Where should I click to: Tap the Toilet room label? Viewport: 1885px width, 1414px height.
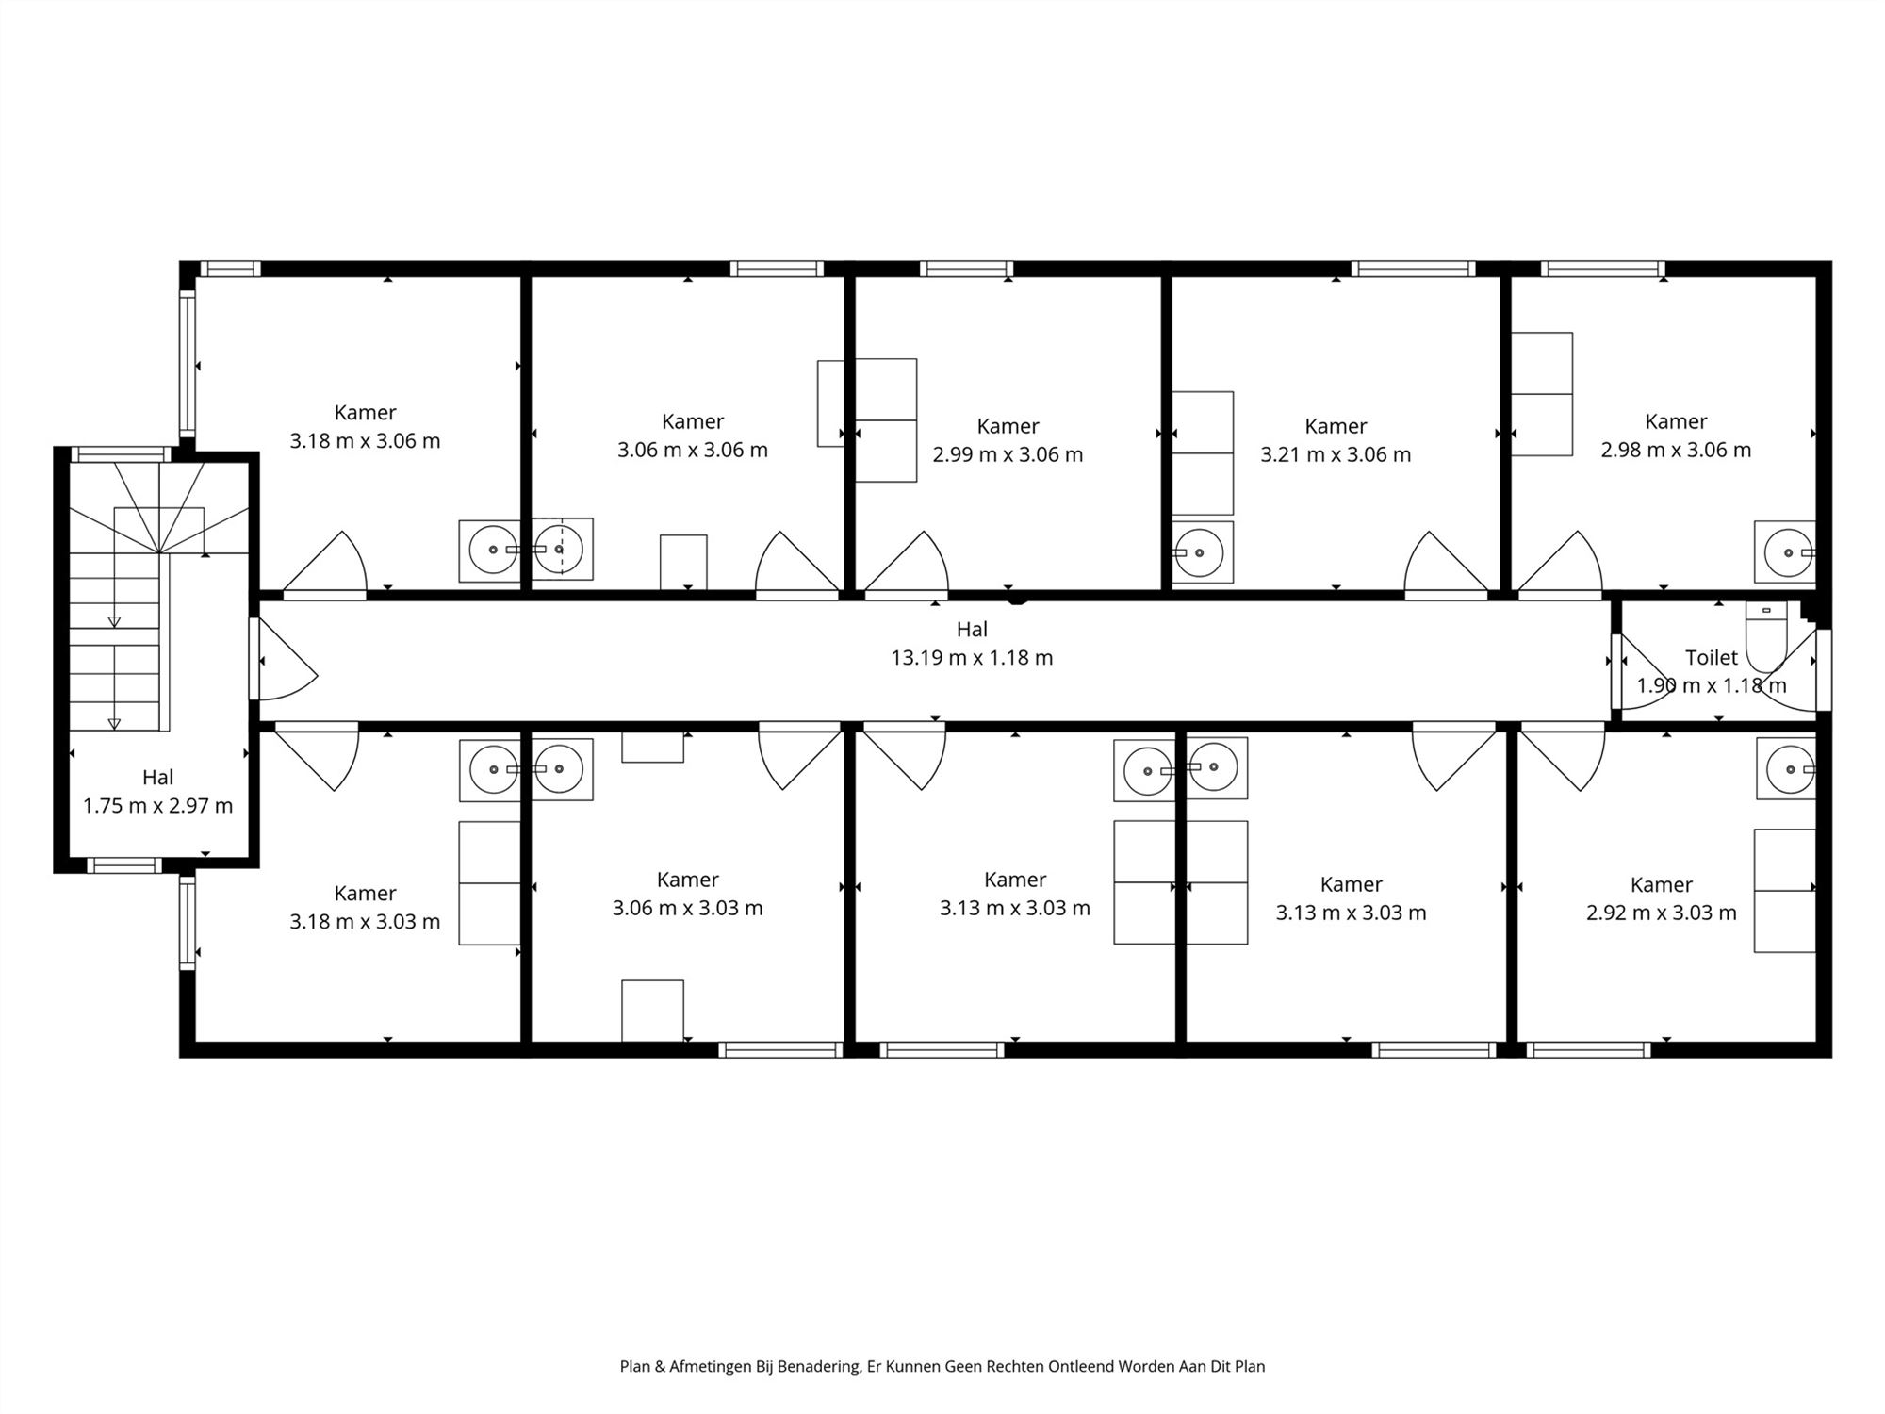1712,657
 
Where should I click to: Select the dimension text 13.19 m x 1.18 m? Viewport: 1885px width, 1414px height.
972,658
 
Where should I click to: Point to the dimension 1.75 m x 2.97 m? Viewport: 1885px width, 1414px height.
157,806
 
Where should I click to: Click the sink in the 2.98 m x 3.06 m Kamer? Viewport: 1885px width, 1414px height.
1785,551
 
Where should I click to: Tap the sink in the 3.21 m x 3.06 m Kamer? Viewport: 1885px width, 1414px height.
1203,551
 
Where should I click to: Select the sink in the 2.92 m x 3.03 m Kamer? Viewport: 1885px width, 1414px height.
1786,768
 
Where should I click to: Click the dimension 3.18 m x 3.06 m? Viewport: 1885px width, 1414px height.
365,441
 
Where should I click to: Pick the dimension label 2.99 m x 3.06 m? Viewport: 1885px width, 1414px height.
1008,455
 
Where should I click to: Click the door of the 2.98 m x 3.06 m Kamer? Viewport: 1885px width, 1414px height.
1560,564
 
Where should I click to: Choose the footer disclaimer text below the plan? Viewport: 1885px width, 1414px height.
942,1366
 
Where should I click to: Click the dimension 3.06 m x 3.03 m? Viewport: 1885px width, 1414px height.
687,908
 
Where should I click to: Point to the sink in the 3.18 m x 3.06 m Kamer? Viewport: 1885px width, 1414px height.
490,550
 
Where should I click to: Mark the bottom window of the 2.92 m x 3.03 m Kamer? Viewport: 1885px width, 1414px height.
1588,1049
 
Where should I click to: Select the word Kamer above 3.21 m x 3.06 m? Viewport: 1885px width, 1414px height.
1336,426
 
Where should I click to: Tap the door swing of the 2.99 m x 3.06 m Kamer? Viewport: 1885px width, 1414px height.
907,564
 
